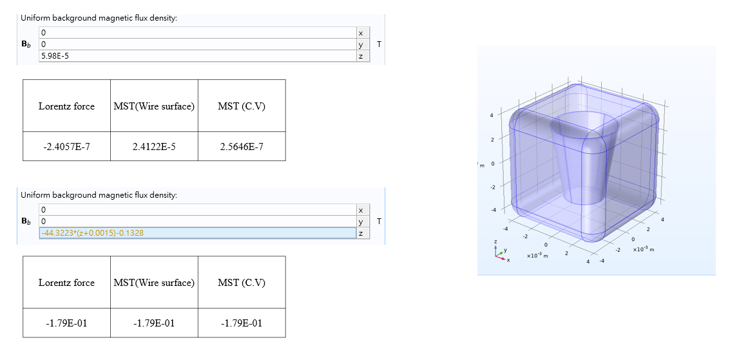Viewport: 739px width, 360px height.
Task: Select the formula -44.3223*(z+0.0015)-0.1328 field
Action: (92, 233)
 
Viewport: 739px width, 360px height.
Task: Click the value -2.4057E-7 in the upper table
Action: (66, 147)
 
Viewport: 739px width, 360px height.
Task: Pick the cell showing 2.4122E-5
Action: (154, 147)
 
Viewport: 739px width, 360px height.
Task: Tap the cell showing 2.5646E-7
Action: (242, 147)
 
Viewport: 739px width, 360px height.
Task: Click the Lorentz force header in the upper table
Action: (66, 106)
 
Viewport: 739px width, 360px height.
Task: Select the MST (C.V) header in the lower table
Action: (242, 283)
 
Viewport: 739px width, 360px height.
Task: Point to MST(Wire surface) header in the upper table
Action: (154, 106)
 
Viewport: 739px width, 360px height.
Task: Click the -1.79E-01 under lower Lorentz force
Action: (66, 323)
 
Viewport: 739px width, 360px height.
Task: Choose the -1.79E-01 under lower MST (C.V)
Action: (242, 323)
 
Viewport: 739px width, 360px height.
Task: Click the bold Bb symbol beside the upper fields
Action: (26, 45)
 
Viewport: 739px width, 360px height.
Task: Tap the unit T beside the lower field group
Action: (379, 222)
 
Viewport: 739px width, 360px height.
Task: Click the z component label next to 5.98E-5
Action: (361, 57)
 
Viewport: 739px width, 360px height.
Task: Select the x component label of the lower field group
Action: (361, 210)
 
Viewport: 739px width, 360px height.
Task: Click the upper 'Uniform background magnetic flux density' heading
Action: (99, 18)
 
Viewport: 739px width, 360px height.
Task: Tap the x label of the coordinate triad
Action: (509, 260)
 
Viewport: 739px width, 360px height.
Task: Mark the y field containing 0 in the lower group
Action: (193, 222)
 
